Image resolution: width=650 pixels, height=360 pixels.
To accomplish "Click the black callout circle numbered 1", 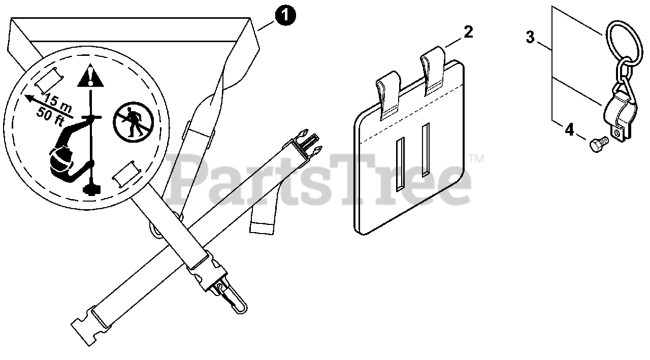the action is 284,16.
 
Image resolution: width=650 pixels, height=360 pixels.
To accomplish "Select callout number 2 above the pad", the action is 468,32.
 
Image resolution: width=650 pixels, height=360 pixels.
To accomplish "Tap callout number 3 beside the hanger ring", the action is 530,37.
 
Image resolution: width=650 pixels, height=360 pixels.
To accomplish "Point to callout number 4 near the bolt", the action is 569,130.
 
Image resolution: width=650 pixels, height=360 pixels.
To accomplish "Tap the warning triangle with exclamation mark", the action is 90,77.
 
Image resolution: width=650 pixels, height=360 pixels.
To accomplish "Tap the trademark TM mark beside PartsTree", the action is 477,159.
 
